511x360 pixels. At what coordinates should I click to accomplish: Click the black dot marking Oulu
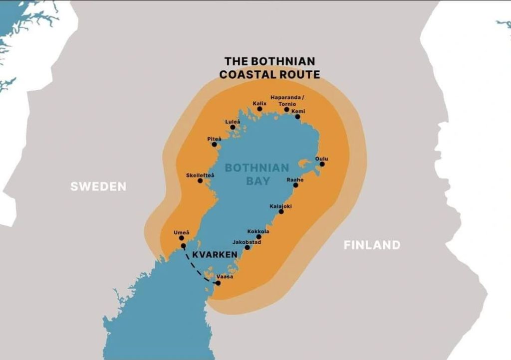coord(322,164)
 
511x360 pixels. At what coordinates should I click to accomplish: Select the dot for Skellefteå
coord(200,180)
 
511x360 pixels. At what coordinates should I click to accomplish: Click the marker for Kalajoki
coord(281,212)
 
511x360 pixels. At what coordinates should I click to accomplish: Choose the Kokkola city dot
coord(258,237)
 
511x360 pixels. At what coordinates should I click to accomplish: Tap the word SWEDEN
coord(98,187)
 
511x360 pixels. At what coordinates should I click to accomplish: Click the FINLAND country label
coord(372,245)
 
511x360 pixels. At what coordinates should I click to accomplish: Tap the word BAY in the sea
coord(257,180)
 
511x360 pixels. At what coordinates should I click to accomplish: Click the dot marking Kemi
coord(297,117)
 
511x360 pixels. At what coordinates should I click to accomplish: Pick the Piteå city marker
coord(215,145)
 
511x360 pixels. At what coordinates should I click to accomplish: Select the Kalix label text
coord(259,103)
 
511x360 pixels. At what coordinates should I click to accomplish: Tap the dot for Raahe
coord(295,185)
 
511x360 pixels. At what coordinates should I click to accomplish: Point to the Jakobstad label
coord(247,242)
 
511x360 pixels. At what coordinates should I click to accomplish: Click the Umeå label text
coord(181,232)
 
